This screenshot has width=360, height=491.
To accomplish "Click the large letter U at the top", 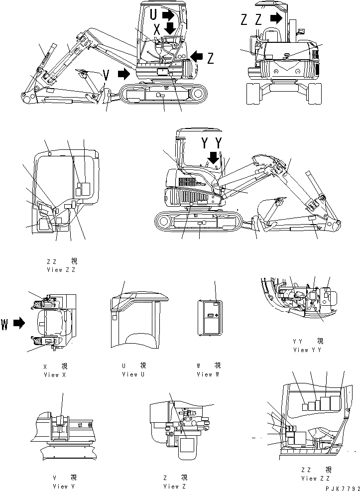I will [154, 15].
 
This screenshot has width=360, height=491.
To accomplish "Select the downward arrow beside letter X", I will [170, 28].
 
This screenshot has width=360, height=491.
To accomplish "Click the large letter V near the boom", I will [106, 75].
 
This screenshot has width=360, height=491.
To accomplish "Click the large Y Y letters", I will [211, 144].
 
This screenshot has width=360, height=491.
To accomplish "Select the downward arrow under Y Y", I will [214, 158].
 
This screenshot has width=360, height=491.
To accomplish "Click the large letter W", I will [4, 324].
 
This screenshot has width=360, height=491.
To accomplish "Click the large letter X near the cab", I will [156, 28].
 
